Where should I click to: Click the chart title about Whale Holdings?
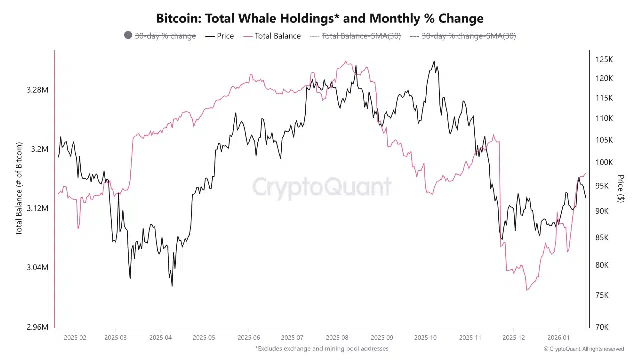click(x=320, y=19)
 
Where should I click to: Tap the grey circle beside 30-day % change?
click(x=128, y=35)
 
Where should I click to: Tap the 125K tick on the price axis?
click(x=604, y=60)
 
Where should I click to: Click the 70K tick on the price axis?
click(x=602, y=327)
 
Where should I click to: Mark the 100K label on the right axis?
click(x=604, y=162)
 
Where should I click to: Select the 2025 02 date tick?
click(x=75, y=338)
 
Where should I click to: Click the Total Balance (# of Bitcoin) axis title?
click(x=19, y=189)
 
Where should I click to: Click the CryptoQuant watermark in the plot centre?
click(x=321, y=187)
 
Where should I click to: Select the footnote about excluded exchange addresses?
click(x=321, y=348)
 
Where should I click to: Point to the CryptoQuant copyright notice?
click(x=583, y=349)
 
